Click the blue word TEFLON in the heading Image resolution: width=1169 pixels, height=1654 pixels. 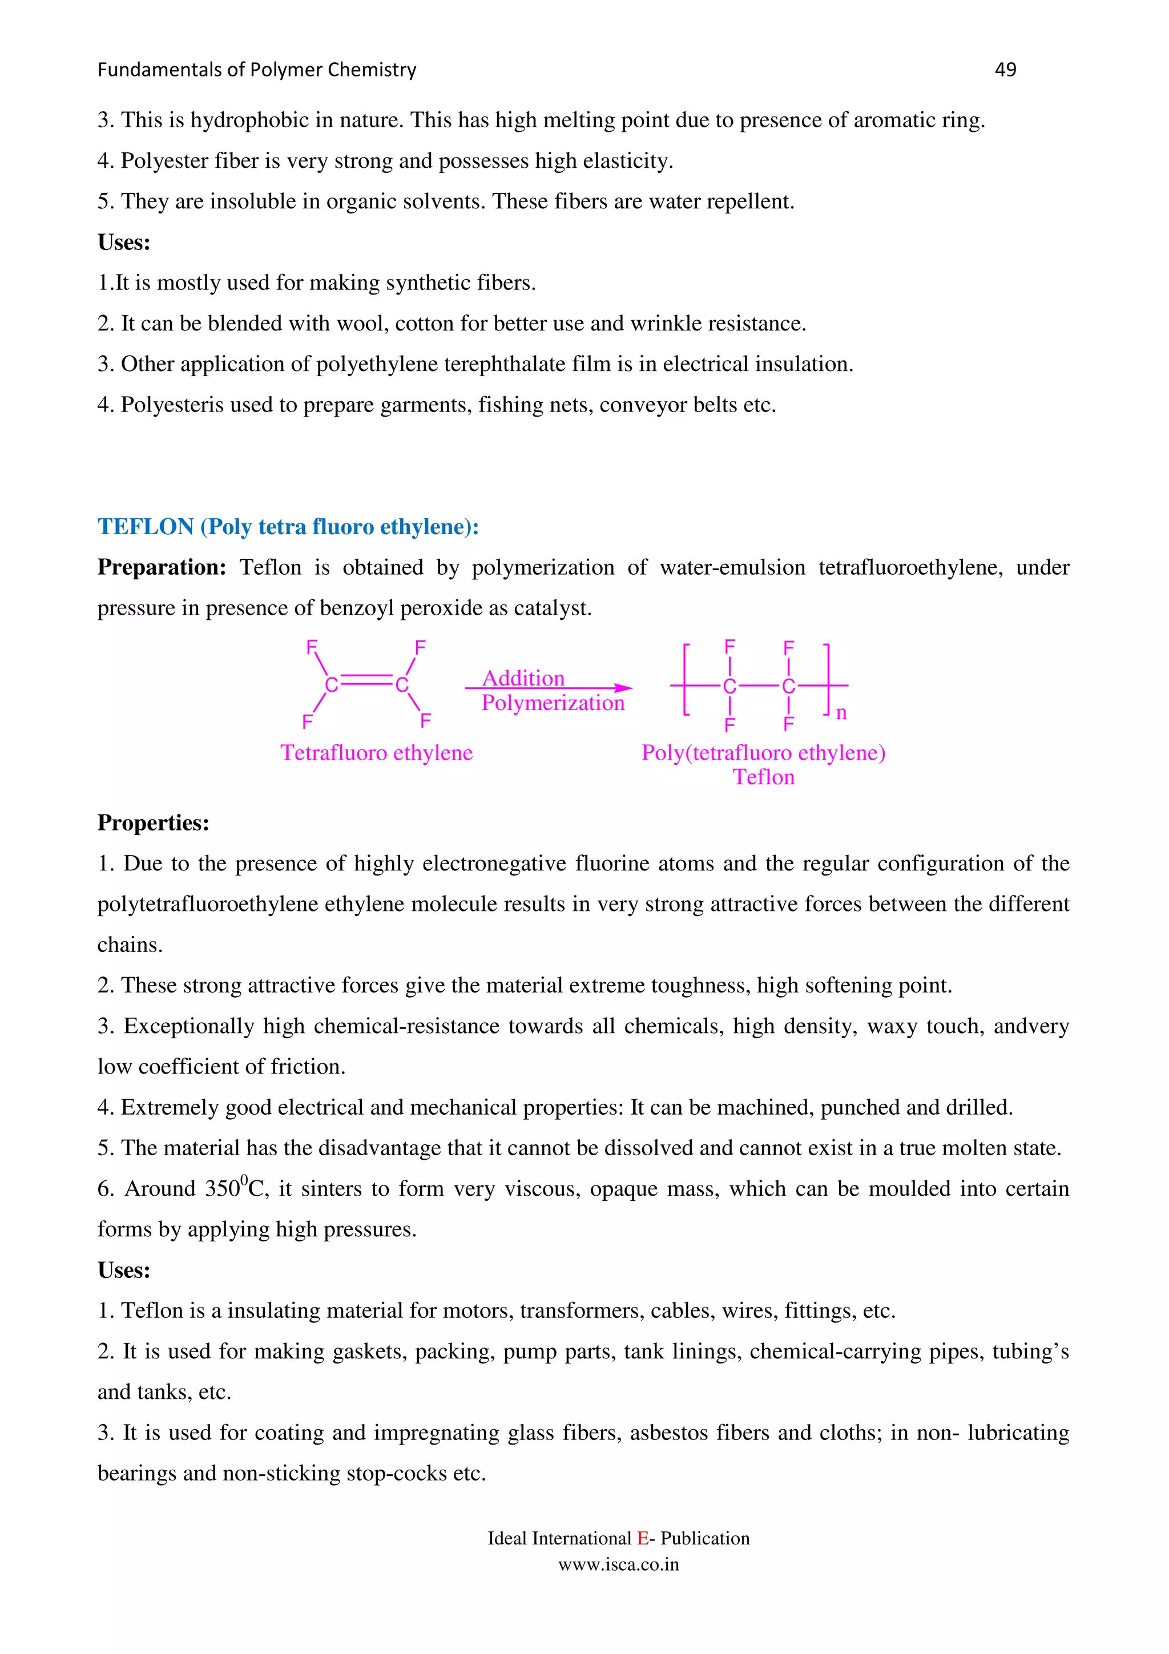pos(146,527)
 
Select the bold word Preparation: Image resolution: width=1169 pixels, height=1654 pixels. pos(162,568)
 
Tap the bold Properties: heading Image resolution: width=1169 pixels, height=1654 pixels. pos(154,822)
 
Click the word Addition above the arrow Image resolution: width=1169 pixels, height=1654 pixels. pos(523,678)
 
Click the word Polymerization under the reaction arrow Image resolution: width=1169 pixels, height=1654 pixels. pos(553,703)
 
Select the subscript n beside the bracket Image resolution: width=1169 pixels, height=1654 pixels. pos(841,713)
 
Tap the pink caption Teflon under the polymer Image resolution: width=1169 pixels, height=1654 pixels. pos(764,777)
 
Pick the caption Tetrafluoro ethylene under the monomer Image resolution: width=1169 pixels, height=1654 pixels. pos(377,753)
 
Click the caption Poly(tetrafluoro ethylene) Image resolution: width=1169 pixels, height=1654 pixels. pos(764,753)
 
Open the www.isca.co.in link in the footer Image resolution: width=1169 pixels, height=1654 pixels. pos(619,1564)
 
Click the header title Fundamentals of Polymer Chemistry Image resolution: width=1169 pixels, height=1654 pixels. pos(257,70)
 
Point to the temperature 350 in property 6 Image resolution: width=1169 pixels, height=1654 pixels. pos(223,1189)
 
